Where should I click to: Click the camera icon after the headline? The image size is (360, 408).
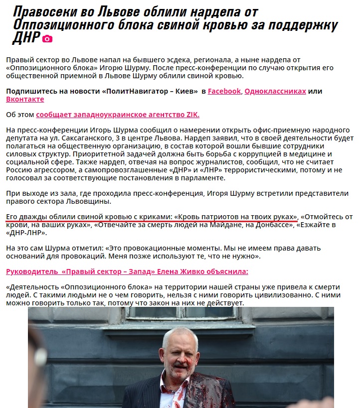click(x=47, y=39)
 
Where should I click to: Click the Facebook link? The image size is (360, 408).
click(x=224, y=91)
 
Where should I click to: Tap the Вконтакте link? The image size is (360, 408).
click(x=25, y=99)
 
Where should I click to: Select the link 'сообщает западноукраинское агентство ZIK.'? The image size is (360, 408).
click(x=118, y=115)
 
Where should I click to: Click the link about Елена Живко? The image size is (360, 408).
click(x=127, y=272)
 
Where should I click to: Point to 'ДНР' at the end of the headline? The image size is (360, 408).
click(x=25, y=37)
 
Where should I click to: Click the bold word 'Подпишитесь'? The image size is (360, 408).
click(x=29, y=91)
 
